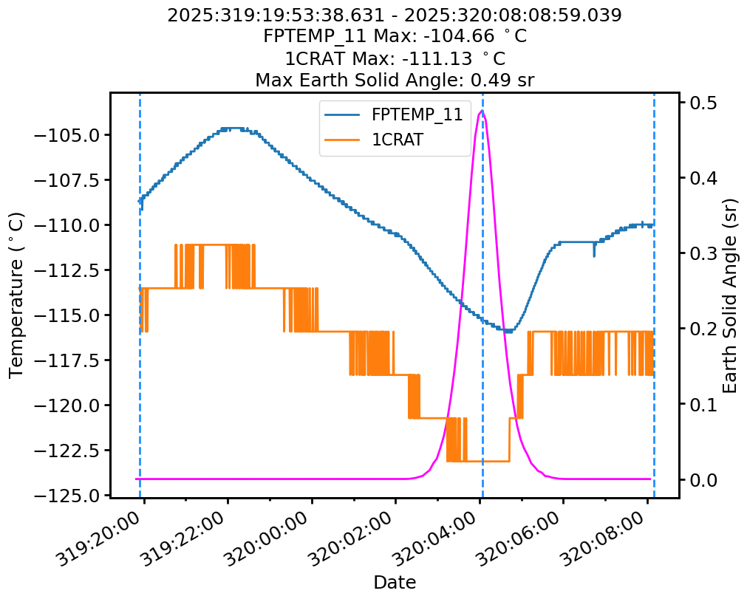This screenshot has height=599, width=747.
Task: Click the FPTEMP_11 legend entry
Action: [x=417, y=114]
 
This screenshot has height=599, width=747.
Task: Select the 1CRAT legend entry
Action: [x=397, y=140]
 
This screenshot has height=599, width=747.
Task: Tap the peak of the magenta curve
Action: [x=482, y=111]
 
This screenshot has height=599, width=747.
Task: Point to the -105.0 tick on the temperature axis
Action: [x=70, y=135]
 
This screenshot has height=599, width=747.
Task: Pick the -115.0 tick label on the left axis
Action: [x=70, y=315]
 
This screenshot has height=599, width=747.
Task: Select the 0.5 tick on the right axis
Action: [x=701, y=102]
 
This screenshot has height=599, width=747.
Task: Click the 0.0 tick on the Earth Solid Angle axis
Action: [x=701, y=479]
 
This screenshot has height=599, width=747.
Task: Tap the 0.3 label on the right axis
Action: [x=701, y=253]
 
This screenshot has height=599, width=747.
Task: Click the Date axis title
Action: [x=395, y=582]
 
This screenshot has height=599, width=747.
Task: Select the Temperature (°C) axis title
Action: [x=16, y=295]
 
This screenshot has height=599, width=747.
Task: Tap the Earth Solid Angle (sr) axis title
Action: [x=730, y=295]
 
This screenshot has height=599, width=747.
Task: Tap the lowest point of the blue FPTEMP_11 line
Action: [x=508, y=331]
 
